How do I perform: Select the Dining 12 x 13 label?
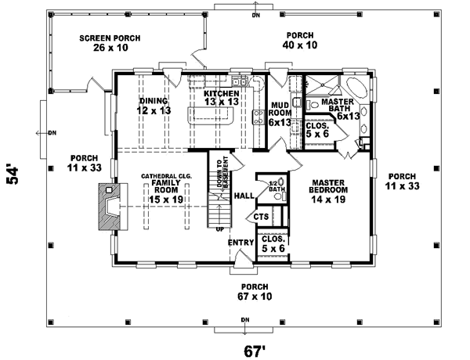coord(154,106)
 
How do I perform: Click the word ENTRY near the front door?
coord(240,243)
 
